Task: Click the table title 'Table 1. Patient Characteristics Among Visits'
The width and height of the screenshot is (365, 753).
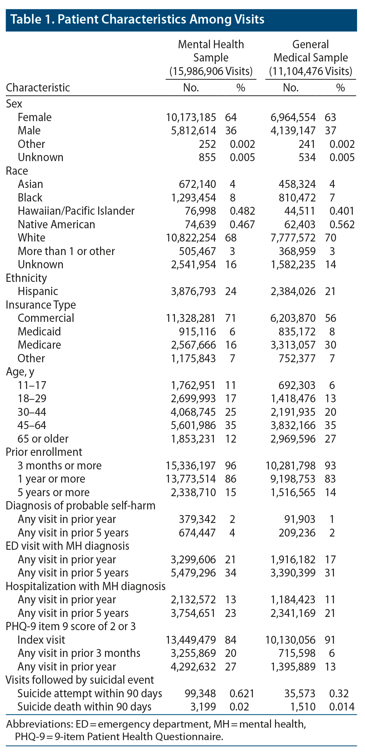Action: point(137,19)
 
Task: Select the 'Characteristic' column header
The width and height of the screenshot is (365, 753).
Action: point(38,88)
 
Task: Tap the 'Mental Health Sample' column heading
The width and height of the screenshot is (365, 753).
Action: point(211,57)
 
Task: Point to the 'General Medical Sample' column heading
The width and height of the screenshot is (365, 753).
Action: point(310,57)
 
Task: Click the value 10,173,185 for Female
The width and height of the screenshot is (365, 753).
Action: point(191,117)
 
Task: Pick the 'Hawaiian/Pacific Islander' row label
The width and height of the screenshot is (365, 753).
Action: point(76,211)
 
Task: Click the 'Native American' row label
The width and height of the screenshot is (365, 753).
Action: point(56,224)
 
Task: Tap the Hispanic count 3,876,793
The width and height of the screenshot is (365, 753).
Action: point(193,291)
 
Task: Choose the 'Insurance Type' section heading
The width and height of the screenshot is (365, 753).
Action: point(41,305)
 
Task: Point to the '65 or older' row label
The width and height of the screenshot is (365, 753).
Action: point(43,439)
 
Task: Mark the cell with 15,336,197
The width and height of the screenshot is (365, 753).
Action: point(191,465)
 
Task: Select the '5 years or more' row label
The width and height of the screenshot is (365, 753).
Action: point(54,492)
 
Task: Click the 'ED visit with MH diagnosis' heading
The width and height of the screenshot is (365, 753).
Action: point(67,546)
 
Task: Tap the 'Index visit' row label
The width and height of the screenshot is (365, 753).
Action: point(41,640)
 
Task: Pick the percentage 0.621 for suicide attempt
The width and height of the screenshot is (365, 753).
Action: point(242,693)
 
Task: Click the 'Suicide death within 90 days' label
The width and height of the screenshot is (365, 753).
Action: point(84,707)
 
